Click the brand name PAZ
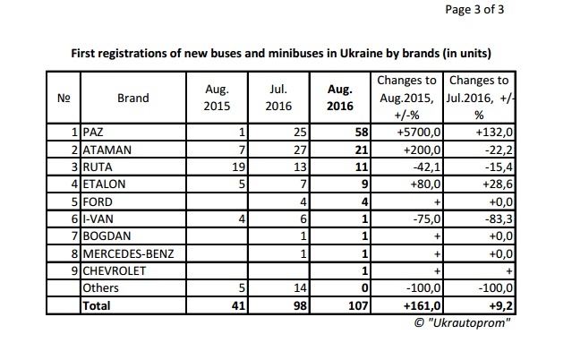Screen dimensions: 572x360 (93, 132)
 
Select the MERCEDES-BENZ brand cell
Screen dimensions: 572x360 (128, 253)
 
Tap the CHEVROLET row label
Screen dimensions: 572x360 (115, 270)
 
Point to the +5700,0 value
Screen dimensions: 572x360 (419, 132)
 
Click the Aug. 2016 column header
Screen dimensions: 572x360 (340, 98)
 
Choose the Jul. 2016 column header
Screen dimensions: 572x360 (278, 98)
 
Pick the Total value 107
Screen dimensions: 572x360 (358, 305)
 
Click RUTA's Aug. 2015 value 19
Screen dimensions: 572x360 (239, 167)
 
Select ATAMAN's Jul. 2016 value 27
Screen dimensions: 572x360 (300, 150)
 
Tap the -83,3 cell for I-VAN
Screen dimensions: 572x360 (499, 219)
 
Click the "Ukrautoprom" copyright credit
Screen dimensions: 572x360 (462, 322)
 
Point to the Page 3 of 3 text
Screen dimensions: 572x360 (474, 10)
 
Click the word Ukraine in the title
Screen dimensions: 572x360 (361, 54)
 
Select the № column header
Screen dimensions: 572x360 (64, 98)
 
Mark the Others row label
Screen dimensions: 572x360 (100, 287)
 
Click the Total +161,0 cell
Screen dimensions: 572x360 (423, 305)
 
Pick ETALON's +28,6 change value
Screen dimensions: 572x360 (498, 184)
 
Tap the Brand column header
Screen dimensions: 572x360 (133, 98)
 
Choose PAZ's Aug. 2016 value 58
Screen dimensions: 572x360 (362, 132)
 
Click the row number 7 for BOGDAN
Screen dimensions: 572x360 (75, 236)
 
